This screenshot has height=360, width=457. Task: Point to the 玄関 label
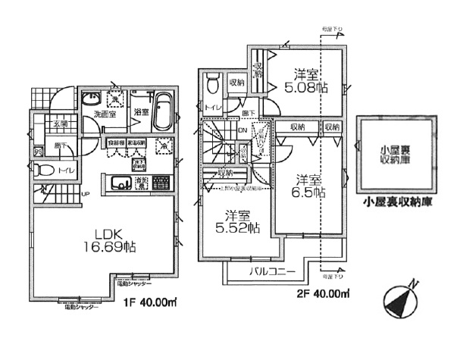39,123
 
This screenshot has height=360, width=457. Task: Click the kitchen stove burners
161,182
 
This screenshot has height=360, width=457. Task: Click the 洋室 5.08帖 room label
308,81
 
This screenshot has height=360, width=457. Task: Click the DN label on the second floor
243,129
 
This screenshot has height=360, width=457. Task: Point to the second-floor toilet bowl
214,80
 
